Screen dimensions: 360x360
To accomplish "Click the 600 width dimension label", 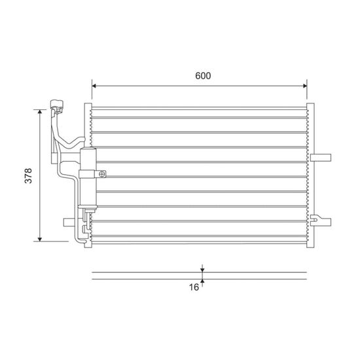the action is (x=203, y=76).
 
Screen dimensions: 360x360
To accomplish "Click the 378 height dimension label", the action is (x=28, y=176).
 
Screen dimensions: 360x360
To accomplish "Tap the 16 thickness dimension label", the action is (x=194, y=287).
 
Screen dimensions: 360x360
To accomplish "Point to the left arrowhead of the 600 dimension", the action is (x=94, y=86).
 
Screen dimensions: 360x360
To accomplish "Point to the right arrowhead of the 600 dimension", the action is (x=305, y=86).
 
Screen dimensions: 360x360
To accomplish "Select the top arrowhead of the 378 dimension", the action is (x=40, y=112).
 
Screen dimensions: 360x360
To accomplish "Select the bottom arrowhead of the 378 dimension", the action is (x=40, y=239).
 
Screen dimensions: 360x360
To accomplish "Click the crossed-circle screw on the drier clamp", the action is (x=102, y=174).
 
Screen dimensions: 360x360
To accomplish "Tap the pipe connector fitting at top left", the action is (x=57, y=107).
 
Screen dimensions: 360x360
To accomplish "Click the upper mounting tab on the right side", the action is (x=321, y=158).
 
